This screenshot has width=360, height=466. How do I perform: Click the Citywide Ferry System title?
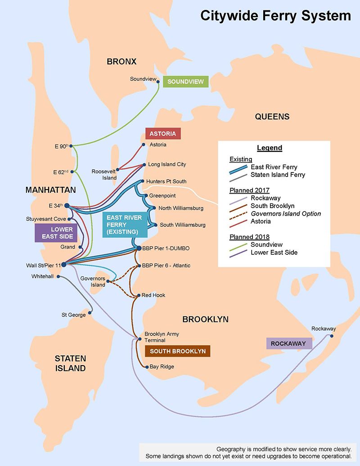click(x=275, y=17)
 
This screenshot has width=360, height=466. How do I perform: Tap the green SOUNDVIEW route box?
click(x=186, y=82)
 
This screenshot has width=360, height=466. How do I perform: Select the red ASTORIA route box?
click(x=163, y=134)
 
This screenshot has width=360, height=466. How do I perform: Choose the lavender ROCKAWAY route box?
click(x=289, y=344)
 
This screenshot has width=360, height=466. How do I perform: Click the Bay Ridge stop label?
click(x=162, y=366)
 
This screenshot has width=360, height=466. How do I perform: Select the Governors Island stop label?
click(x=93, y=281)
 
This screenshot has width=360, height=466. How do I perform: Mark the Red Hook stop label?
click(x=153, y=295)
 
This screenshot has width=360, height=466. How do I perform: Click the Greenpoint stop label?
click(x=163, y=196)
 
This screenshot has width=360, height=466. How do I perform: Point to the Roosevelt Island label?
click(x=104, y=175)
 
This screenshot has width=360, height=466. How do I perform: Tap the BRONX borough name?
click(x=121, y=61)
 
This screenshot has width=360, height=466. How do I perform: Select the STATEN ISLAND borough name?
click(x=70, y=363)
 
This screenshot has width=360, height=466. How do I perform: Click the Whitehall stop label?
click(x=43, y=276)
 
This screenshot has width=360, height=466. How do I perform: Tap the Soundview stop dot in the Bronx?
click(x=158, y=81)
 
